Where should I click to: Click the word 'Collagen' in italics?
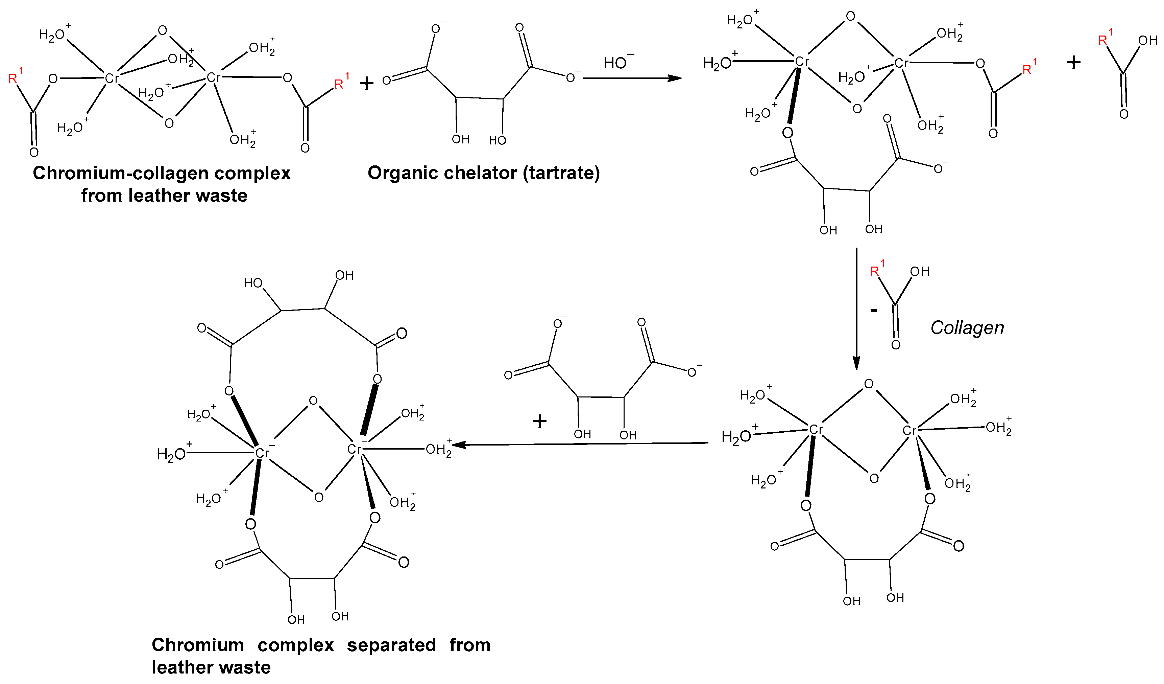click(x=967, y=328)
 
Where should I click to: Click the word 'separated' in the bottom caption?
click(x=391, y=645)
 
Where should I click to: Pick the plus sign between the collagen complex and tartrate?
click(x=366, y=83)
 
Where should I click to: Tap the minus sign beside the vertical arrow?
click(x=873, y=311)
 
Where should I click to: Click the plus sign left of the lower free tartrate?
click(x=539, y=421)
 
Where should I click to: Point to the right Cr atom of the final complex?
click(x=354, y=449)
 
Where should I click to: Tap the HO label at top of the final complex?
click(x=253, y=283)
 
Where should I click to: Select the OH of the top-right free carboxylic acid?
click(x=1147, y=41)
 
